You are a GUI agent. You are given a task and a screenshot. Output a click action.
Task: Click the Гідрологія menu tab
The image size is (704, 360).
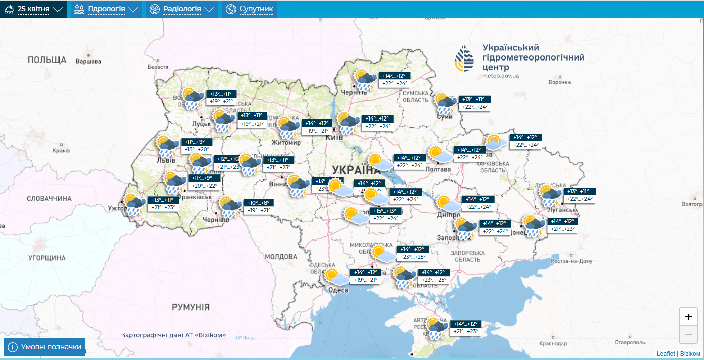click(x=105, y=9)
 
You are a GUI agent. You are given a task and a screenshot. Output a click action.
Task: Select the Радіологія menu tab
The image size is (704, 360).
click(x=182, y=9)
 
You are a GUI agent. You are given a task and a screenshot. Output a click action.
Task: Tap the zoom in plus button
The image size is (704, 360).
click(x=688, y=317)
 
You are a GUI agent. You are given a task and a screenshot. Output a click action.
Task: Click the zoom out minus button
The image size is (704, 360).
click(x=688, y=334)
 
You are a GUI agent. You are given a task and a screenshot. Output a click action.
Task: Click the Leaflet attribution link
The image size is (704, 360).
click(x=666, y=354)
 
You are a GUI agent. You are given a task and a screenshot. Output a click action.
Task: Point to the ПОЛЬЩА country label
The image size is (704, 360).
click(x=47, y=60)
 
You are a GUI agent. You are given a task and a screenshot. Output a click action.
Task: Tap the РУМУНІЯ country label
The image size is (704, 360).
click(x=191, y=307)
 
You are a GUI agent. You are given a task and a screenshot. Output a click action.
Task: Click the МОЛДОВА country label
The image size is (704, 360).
click(x=281, y=257)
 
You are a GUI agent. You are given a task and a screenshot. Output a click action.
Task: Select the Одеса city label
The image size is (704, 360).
click(x=338, y=290)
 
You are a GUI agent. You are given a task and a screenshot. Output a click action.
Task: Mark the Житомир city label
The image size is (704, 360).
click(x=286, y=143)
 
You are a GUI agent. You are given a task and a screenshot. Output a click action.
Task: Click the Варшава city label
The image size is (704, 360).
click(x=88, y=61)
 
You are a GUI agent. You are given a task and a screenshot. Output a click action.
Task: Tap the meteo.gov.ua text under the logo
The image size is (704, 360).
click(x=500, y=76)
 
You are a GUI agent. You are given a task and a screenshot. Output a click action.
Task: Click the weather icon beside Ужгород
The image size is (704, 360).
click(x=134, y=205)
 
